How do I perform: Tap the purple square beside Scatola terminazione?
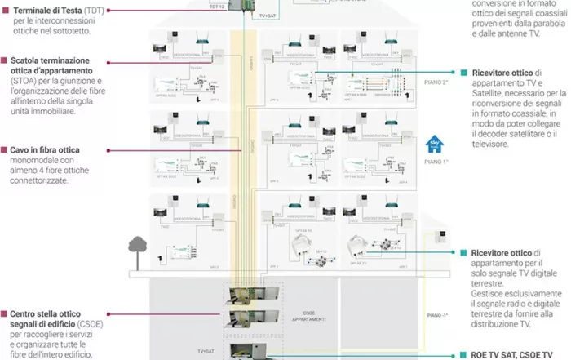(x=5, y=60)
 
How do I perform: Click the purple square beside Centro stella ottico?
(x=5, y=313)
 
